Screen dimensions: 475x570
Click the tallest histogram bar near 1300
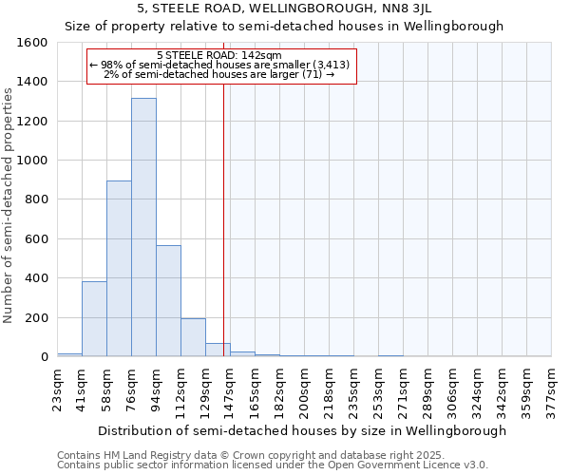143,228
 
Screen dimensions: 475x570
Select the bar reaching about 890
119,269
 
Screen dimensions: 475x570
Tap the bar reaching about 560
168,301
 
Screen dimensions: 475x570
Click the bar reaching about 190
193,337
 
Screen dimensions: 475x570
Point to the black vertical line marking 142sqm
223,237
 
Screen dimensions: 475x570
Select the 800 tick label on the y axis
36,199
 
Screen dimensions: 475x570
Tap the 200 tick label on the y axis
36,317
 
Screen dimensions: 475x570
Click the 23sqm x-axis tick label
58,388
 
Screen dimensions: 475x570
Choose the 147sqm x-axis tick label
231,388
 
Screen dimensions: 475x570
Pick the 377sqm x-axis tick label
552,388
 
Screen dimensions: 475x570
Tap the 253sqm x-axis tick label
379,388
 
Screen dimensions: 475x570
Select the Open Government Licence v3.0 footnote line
272,465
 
